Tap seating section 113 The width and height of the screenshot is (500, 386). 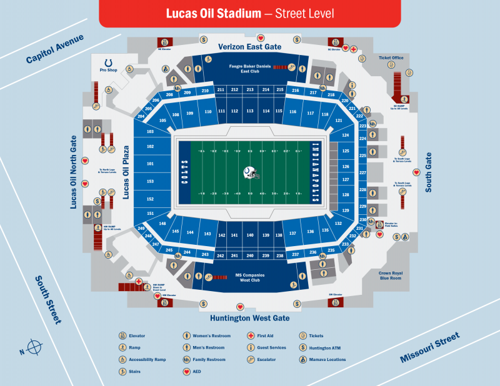tap(249, 111)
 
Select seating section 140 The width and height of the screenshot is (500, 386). tap(249, 235)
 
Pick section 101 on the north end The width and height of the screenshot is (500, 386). tap(150, 164)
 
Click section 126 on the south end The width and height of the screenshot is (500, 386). tap(346, 167)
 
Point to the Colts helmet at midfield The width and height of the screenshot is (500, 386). tap(251, 172)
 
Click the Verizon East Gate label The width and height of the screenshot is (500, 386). tap(249, 47)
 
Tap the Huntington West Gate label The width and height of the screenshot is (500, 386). tap(249, 318)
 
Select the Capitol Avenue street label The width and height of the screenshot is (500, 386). tap(54, 49)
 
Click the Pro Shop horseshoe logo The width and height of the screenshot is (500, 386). tap(109, 63)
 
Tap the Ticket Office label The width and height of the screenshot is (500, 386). tap(391, 57)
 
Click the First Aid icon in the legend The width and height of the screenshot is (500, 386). tap(251, 336)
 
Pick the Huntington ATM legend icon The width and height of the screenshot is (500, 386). tap(302, 347)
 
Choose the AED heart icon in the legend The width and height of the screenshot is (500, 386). tap(186, 371)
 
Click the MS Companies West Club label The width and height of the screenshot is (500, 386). tap(249, 277)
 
